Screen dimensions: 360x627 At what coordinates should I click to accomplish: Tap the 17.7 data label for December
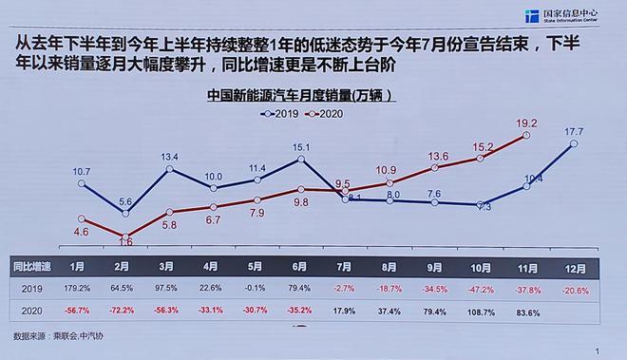pos(573,131)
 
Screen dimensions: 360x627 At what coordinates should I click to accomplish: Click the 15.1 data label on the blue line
pos(301,147)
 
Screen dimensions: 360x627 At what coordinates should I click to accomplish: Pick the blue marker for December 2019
pos(573,144)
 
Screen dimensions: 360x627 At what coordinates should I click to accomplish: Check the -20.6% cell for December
pos(572,289)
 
